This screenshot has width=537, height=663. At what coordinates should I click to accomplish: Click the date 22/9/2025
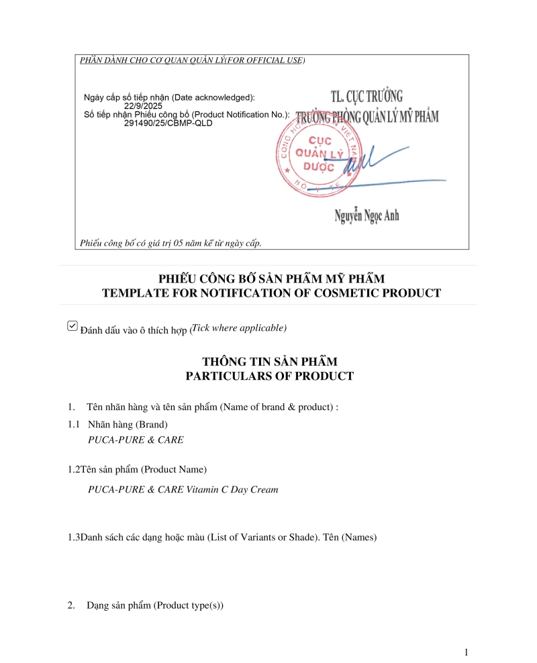pos(144,106)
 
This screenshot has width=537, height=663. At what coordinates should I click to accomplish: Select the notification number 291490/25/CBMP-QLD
pos(168,123)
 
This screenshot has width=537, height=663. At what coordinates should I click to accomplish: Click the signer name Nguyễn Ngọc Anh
pos(367,215)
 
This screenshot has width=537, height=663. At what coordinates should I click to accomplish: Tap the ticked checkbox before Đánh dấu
pos(72,326)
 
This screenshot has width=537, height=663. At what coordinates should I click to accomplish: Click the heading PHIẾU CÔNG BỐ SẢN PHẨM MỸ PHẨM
pos(272,278)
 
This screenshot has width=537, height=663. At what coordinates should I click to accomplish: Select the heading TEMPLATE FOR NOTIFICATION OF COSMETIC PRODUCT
pos(271,293)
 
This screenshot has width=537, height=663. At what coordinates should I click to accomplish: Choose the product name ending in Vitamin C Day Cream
pos(183,490)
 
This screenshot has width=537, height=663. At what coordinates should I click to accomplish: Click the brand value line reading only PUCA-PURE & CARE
pos(136,440)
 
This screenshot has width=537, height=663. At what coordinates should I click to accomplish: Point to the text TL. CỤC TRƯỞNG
pos(367,97)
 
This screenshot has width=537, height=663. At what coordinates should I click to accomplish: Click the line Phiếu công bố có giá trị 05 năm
pos(170,242)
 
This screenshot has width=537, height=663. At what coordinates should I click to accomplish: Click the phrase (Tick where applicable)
pos(239,328)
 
